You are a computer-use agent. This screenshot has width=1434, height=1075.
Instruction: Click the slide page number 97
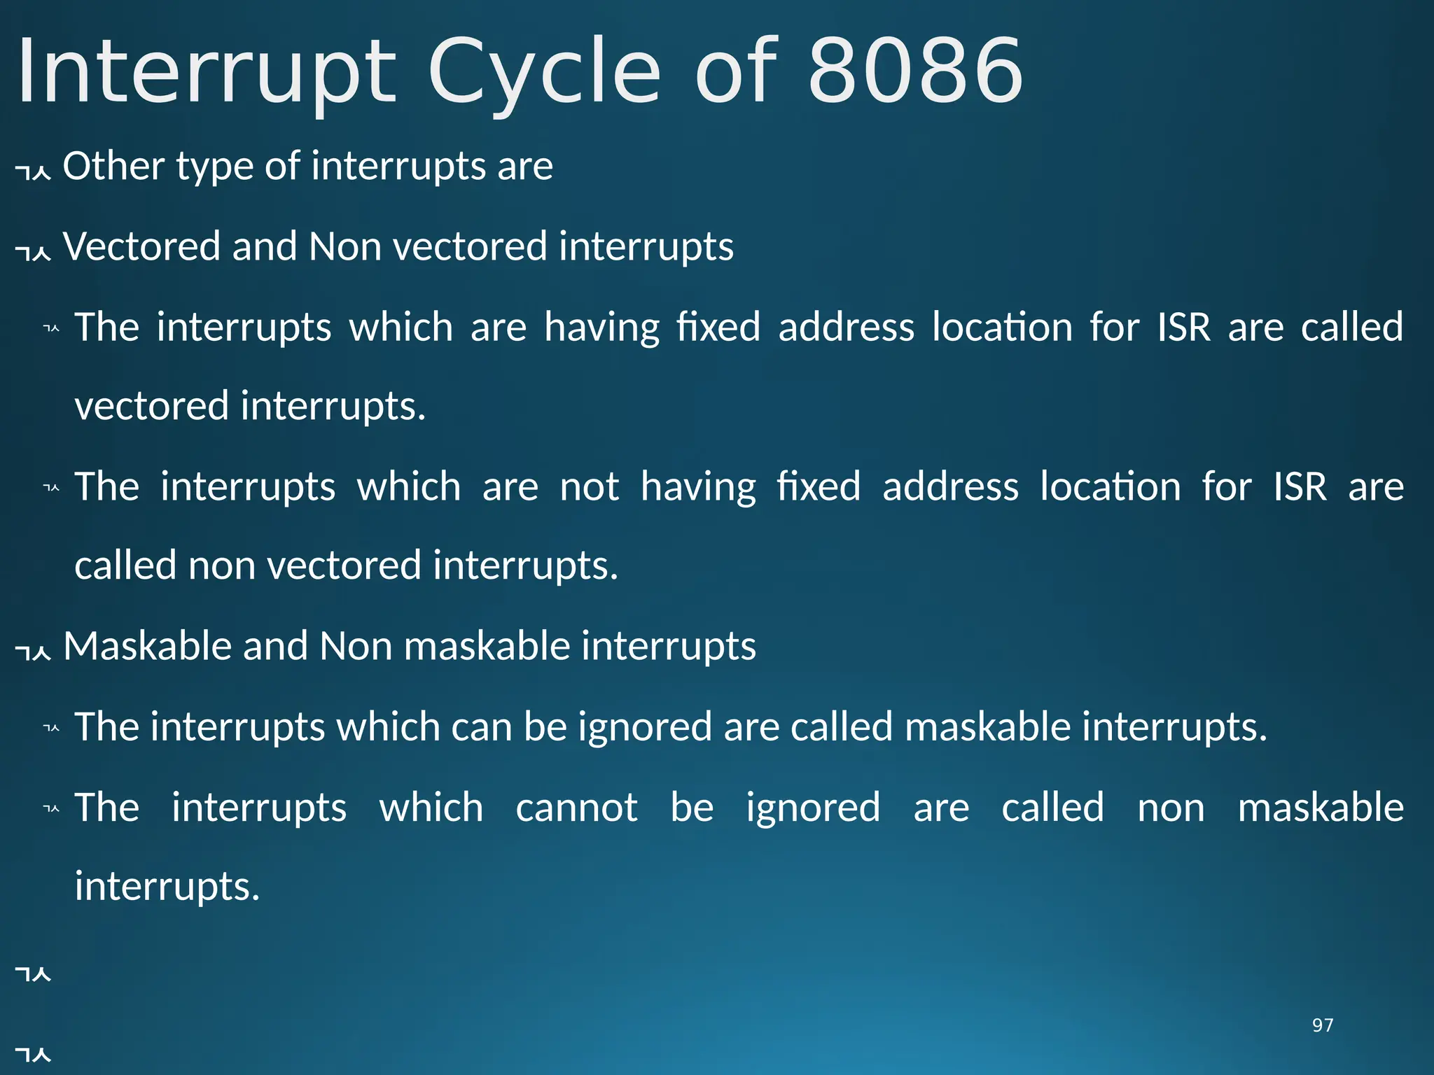pos(1323,1025)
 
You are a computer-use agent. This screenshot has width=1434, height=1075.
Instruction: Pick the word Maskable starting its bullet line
pos(147,645)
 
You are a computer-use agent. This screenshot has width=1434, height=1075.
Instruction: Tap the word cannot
pos(576,808)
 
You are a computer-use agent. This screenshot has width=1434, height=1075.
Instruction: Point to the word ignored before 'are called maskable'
pos(645,728)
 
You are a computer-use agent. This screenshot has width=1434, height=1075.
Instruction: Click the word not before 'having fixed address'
pos(590,486)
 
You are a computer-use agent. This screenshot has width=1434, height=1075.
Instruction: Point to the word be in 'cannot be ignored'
pos(692,808)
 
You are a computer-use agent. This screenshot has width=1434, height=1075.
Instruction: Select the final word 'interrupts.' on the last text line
pos(167,887)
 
